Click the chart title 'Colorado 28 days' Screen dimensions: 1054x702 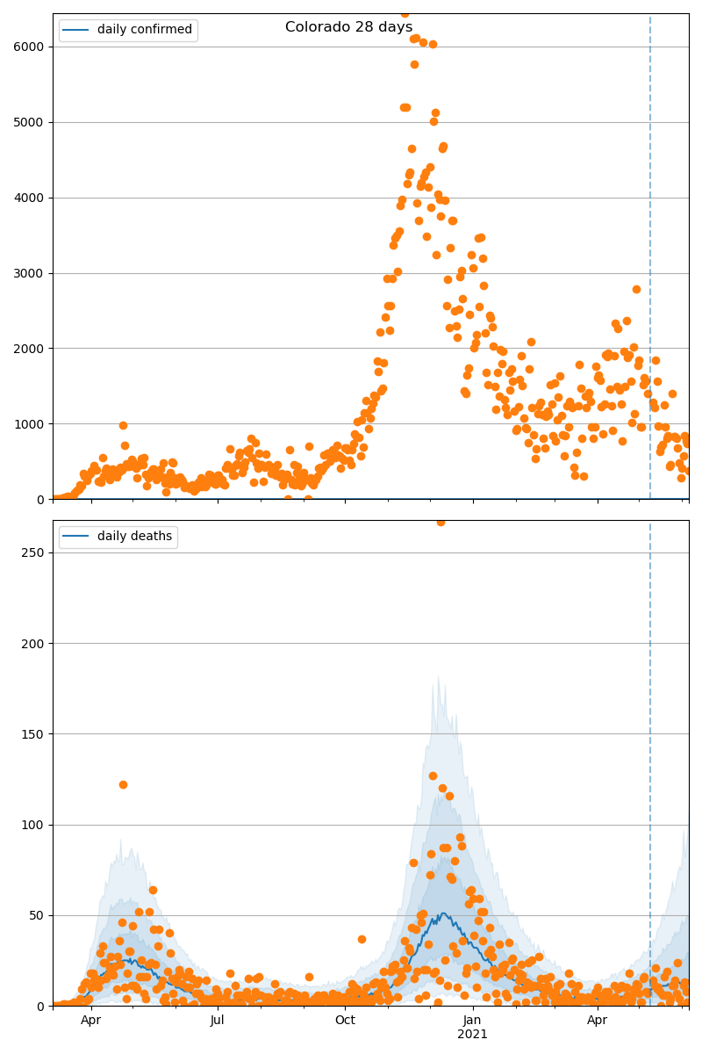click(348, 27)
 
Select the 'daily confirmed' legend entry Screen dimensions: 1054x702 click(144, 30)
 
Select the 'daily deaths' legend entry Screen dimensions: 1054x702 click(134, 537)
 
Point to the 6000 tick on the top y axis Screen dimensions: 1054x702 click(31, 47)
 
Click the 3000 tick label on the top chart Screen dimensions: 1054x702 click(31, 273)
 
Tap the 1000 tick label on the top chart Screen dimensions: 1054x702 click(31, 424)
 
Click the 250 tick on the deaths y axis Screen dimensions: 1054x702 click(34, 552)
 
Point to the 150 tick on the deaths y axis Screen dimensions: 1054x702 click(34, 734)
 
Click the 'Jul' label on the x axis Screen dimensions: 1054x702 click(218, 1021)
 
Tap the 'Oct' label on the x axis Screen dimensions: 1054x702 click(345, 1021)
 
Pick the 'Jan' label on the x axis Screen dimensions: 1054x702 click(472, 1021)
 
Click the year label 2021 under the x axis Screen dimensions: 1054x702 click(472, 1035)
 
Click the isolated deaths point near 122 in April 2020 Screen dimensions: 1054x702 click(123, 784)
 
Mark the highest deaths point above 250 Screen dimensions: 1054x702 click(441, 522)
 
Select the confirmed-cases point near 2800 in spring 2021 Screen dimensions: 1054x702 click(636, 289)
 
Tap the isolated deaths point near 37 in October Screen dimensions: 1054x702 click(362, 939)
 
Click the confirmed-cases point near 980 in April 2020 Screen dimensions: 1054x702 click(123, 425)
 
